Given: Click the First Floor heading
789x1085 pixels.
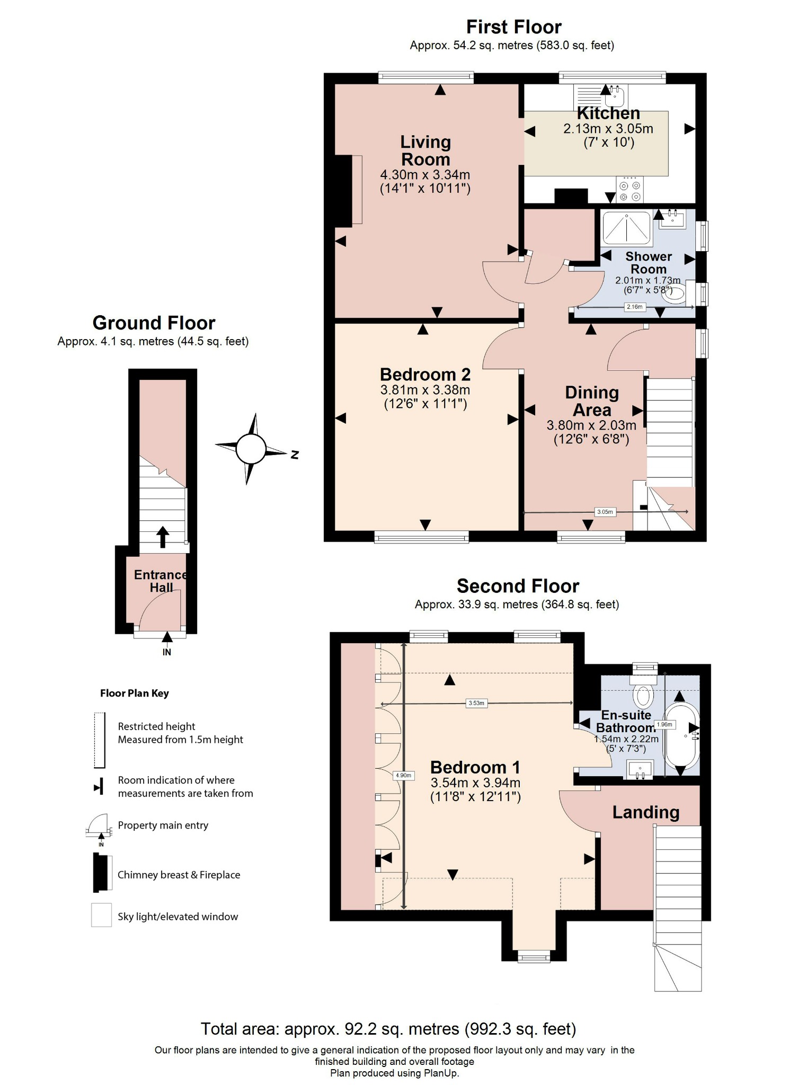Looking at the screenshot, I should pos(513,27).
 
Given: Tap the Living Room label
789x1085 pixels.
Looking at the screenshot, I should pos(425,150).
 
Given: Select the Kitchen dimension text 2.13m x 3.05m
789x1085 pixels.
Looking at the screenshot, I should pos(608,129).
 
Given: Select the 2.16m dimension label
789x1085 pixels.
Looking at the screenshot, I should pos(634,307).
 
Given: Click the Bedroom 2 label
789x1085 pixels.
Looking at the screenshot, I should pos(425,375).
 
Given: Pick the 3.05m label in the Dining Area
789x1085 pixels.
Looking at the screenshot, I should pos(605,512).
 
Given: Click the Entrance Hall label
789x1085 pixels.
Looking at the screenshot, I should pos(161,581).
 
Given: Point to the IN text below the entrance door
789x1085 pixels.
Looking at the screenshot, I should pos(167,652).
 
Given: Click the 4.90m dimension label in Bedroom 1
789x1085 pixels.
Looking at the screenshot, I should pos(403,775).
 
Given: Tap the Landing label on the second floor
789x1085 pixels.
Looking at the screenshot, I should pos(645,812).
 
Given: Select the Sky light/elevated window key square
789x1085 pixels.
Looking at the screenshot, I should pos(101,915).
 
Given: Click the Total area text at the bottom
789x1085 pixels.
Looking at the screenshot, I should pos(388,1028).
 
